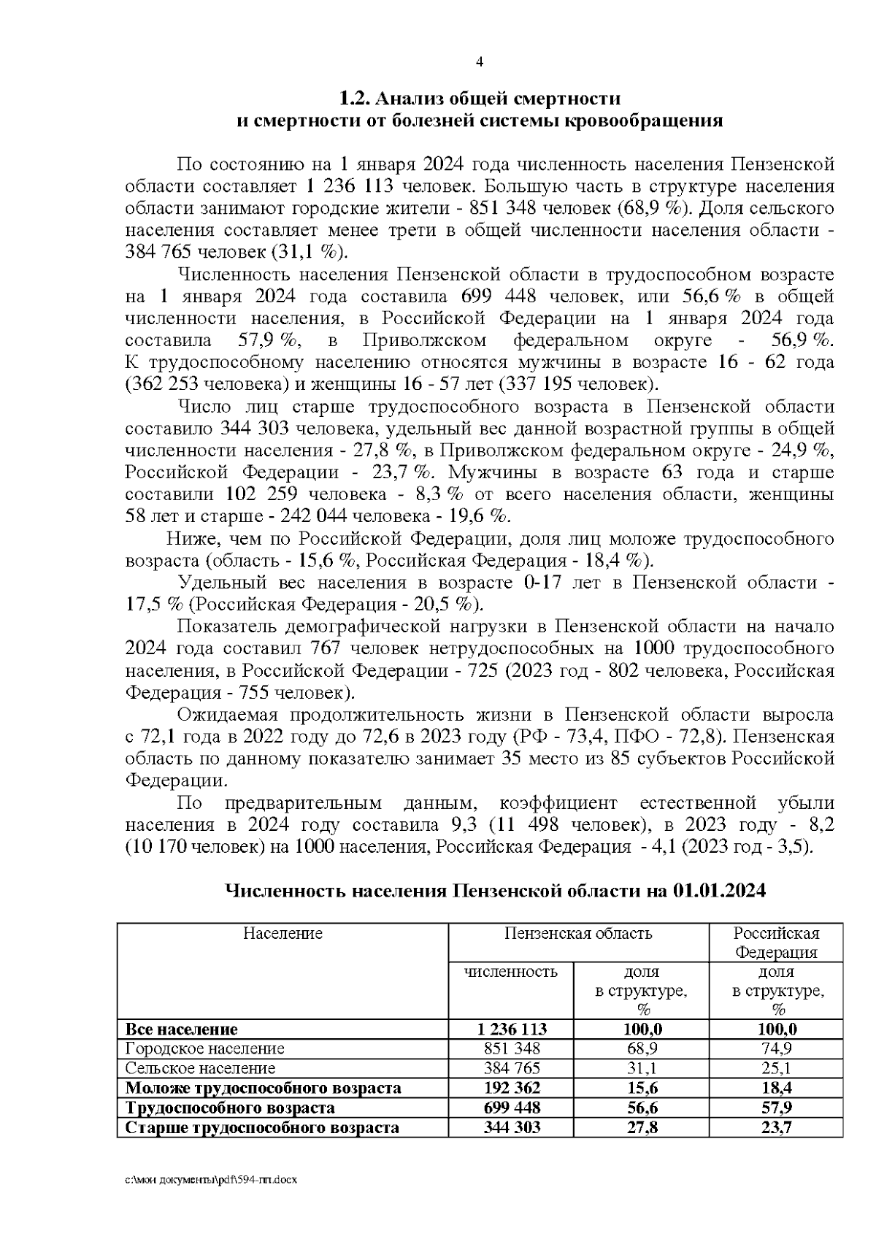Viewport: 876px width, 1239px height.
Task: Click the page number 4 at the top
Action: (480, 62)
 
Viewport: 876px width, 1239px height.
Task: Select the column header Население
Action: (283, 933)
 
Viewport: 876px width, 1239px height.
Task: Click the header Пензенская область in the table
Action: (577, 933)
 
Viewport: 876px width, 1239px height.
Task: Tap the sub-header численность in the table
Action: (511, 972)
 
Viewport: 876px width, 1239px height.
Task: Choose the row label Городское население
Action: (205, 1048)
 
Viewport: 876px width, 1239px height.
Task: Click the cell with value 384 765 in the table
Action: (511, 1068)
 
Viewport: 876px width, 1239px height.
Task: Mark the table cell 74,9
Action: (776, 1048)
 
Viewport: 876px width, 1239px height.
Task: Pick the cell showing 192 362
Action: (511, 1088)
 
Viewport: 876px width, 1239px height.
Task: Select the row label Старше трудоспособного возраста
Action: (263, 1127)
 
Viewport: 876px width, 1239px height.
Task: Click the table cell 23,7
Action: (776, 1127)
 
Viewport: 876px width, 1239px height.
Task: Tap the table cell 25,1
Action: (776, 1068)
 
